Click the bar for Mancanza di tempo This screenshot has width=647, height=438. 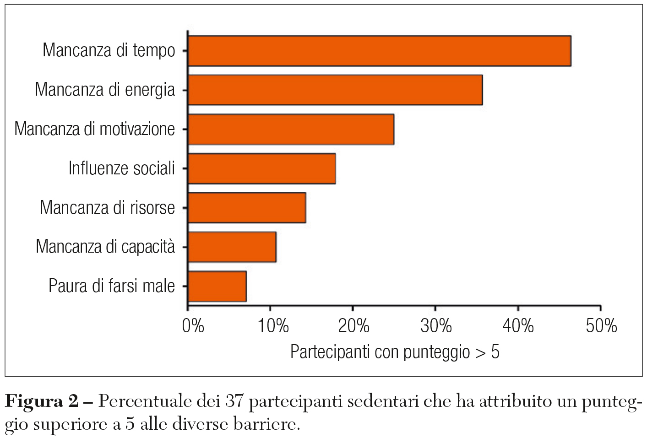click(x=379, y=51)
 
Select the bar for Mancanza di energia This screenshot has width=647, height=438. click(x=335, y=90)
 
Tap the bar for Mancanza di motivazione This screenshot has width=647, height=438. click(x=291, y=130)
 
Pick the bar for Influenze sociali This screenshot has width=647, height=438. click(x=261, y=168)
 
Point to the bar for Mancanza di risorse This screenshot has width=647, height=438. click(x=247, y=208)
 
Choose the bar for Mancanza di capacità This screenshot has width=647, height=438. click(x=232, y=247)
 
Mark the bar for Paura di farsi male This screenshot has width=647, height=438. click(x=217, y=287)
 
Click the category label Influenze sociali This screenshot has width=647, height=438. click(x=122, y=168)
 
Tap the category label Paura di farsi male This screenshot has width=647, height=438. click(x=112, y=286)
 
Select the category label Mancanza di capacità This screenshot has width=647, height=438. click(x=105, y=247)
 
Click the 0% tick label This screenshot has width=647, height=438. click(x=193, y=326)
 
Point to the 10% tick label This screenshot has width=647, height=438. click(x=273, y=326)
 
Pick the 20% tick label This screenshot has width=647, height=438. click(x=353, y=326)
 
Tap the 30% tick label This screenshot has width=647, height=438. click(x=436, y=326)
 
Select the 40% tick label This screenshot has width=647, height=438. click(x=518, y=326)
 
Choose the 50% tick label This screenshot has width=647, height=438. click(x=601, y=326)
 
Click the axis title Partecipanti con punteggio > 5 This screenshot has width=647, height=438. click(x=395, y=352)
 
